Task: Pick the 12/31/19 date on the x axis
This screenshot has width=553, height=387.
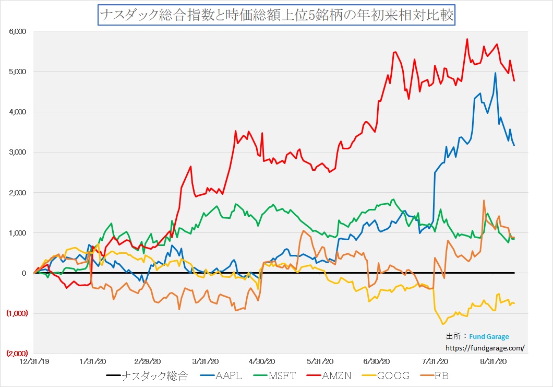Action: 34,361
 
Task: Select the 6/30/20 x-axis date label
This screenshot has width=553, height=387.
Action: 377,361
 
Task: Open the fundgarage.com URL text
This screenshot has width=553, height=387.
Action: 485,347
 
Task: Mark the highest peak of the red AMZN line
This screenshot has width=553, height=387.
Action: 467,39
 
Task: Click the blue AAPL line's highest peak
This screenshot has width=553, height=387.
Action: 495,73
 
